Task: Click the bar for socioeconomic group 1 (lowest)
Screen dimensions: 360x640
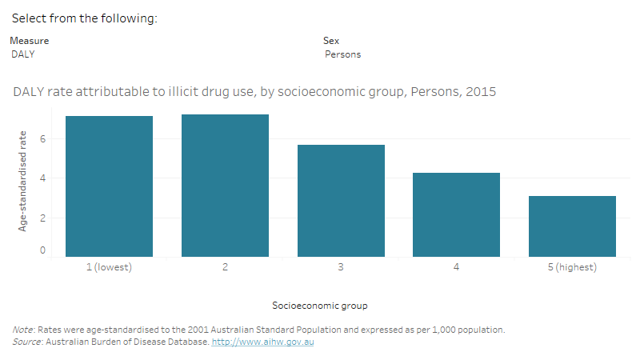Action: coord(109,186)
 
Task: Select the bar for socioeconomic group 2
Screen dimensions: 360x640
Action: coord(225,186)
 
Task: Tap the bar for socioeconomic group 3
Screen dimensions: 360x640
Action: coord(341,201)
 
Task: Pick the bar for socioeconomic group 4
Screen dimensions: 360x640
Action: coord(456,214)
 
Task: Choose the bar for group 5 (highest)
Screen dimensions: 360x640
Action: coord(572,226)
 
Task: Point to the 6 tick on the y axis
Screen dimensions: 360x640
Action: coord(43,139)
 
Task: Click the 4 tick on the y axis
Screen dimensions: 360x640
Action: coord(43,178)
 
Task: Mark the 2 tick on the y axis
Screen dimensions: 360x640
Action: coord(43,218)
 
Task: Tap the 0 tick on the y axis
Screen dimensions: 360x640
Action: coord(43,251)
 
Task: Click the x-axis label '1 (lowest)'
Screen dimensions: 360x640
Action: coord(109,267)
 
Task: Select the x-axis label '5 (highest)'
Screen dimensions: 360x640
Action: coord(572,267)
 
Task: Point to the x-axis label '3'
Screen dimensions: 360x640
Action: coord(341,267)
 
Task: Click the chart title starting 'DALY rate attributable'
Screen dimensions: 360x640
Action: coord(254,92)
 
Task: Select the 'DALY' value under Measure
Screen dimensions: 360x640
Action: coord(23,54)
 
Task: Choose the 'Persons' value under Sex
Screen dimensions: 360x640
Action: coord(342,54)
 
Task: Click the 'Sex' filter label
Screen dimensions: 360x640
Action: coord(330,40)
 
